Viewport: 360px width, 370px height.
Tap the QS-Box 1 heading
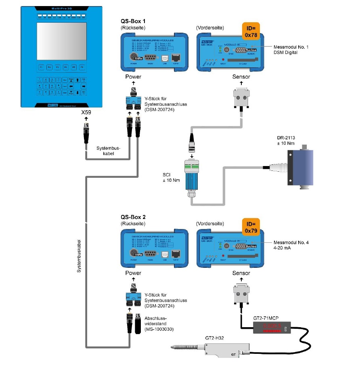pyautogui.click(x=133, y=21)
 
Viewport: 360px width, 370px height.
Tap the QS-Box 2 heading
pyautogui.click(x=133, y=217)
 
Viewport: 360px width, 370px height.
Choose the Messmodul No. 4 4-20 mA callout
pyautogui.click(x=291, y=246)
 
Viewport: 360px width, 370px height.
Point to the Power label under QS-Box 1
pyautogui.click(x=133, y=77)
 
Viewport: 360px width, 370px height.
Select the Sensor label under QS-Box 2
pyautogui.click(x=241, y=273)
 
